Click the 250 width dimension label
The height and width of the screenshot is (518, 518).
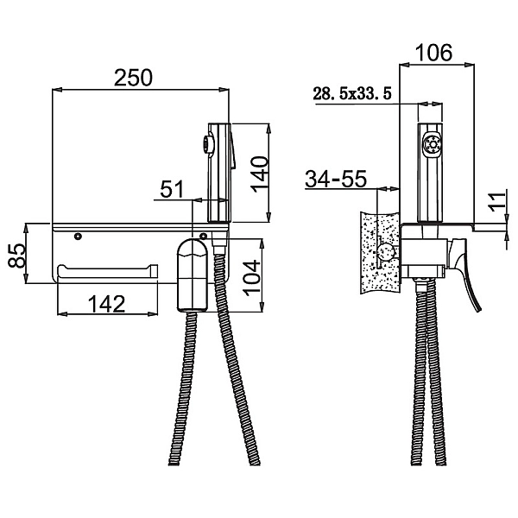click(x=134, y=77)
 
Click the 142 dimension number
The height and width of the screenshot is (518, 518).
click(x=106, y=303)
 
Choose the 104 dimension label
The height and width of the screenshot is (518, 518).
click(x=250, y=277)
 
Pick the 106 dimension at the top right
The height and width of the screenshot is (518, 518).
click(x=433, y=53)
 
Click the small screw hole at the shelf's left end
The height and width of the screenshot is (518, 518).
click(x=79, y=235)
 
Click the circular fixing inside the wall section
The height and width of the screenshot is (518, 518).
click(x=388, y=253)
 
